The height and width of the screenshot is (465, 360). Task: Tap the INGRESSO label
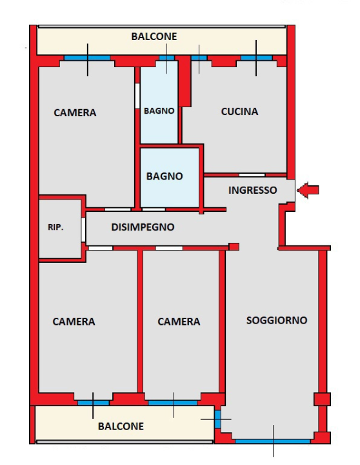point(253,191)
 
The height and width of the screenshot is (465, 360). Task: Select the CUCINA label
point(239,112)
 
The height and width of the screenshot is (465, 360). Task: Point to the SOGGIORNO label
point(277,320)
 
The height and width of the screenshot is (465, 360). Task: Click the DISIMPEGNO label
point(143,227)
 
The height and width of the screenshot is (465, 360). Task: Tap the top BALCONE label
point(154,37)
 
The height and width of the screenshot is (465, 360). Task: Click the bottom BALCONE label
point(121,426)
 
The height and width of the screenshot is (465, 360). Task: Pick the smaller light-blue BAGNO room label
point(159,111)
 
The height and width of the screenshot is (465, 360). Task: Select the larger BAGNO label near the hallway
point(165,176)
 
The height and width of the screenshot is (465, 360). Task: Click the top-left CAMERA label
point(75,113)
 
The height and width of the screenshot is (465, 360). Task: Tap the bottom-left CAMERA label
point(74,322)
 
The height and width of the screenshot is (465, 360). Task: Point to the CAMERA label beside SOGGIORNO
point(179,322)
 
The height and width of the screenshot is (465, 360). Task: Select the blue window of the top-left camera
point(86,58)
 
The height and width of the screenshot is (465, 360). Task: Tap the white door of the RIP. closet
point(84,229)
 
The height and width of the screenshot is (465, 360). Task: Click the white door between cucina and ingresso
point(252,174)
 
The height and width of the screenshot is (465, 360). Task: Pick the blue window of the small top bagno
point(166,58)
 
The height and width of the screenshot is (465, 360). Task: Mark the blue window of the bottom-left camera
point(93,403)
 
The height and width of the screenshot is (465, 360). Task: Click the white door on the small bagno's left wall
point(137,96)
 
